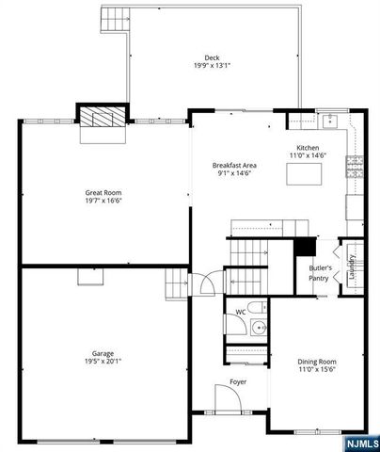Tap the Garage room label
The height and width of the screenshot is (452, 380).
click(103, 353)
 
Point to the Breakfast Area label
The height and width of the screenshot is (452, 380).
click(236, 166)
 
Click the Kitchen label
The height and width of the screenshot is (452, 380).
click(309, 149)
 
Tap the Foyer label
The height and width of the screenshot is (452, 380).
click(239, 382)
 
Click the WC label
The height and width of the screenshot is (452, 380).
click(241, 312)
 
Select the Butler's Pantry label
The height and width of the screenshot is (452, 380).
click(319, 273)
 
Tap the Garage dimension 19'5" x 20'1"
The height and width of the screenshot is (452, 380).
click(103, 362)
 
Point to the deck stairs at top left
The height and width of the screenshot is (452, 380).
click(114, 18)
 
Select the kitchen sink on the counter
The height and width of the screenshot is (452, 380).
click(330, 121)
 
